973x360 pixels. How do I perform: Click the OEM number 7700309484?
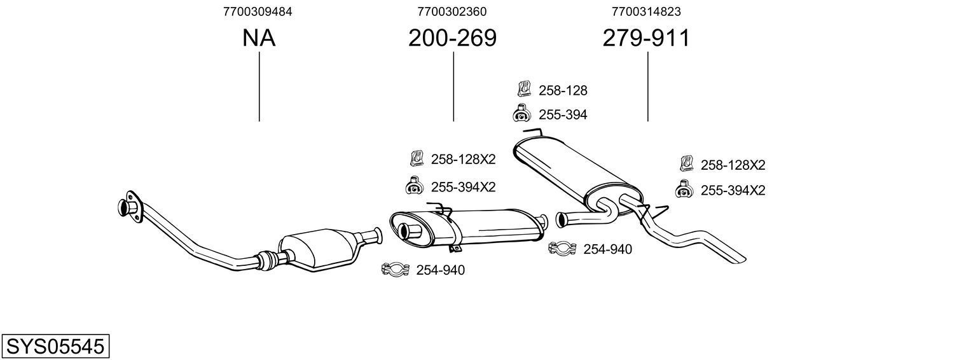[x=258, y=11]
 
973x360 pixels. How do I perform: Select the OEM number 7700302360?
[x=452, y=11]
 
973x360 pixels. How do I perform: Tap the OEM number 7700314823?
[x=645, y=11]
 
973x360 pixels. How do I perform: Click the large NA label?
[x=259, y=39]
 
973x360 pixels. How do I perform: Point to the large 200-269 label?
[x=452, y=39]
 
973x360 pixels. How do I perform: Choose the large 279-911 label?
[x=646, y=39]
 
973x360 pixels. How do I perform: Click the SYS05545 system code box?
[x=55, y=347]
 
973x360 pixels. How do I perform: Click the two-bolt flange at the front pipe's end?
[x=130, y=206]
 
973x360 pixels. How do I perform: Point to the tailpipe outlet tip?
[x=738, y=258]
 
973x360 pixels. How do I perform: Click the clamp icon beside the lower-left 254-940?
[x=394, y=270]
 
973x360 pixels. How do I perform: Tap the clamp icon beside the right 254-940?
[x=562, y=249]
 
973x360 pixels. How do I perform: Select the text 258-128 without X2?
[x=563, y=90]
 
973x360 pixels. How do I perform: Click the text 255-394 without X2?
[x=563, y=115]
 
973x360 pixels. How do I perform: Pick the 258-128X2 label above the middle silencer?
[x=463, y=159]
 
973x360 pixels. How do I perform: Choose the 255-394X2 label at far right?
[x=733, y=190]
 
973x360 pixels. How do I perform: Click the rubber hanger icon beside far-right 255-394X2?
[x=684, y=190]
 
